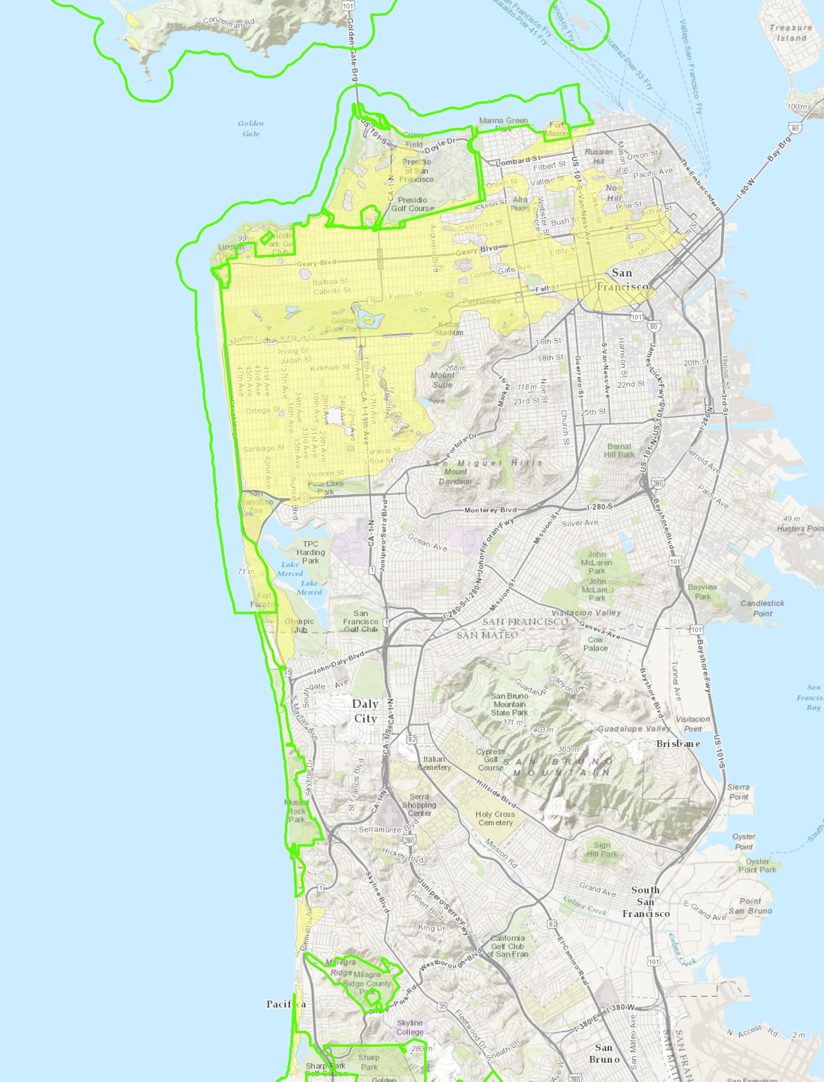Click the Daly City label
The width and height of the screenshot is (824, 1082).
[x=365, y=711]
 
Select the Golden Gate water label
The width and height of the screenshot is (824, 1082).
[x=251, y=129]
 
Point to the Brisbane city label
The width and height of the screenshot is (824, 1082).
[x=678, y=744]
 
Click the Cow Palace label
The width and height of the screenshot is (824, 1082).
[x=595, y=643]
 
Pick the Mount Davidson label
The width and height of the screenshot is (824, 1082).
[x=455, y=476]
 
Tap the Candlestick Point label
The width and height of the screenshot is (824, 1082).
[x=762, y=608]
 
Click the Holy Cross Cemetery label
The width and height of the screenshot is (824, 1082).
[x=495, y=818]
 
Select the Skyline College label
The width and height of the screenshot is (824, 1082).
[x=410, y=1027]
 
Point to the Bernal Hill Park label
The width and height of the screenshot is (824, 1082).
[x=619, y=450]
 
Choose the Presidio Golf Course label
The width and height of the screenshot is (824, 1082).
[x=413, y=204]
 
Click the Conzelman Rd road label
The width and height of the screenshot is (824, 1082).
[x=229, y=22]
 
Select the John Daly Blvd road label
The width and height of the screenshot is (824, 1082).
[x=339, y=662]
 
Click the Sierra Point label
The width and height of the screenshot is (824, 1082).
[x=738, y=792]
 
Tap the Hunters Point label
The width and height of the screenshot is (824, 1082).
[x=799, y=528]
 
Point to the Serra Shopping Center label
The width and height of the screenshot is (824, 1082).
[x=419, y=805]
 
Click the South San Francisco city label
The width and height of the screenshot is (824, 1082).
[x=646, y=902]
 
